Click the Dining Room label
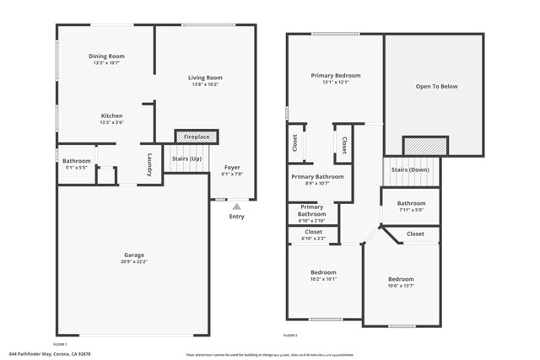click(106, 56)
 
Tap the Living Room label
click(205, 78)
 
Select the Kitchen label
click(112, 116)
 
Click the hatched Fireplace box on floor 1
click(196, 137)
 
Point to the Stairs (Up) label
click(186, 159)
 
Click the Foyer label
click(232, 168)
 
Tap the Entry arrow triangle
click(236, 205)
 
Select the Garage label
click(134, 255)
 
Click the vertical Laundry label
click(149, 163)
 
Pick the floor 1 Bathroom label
click(76, 160)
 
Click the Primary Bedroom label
click(335, 75)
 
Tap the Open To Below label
click(435, 86)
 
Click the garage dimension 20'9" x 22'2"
click(134, 261)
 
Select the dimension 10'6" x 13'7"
click(401, 286)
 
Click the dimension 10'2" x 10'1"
click(323, 279)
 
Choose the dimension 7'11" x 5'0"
click(412, 210)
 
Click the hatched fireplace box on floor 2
click(419, 146)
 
